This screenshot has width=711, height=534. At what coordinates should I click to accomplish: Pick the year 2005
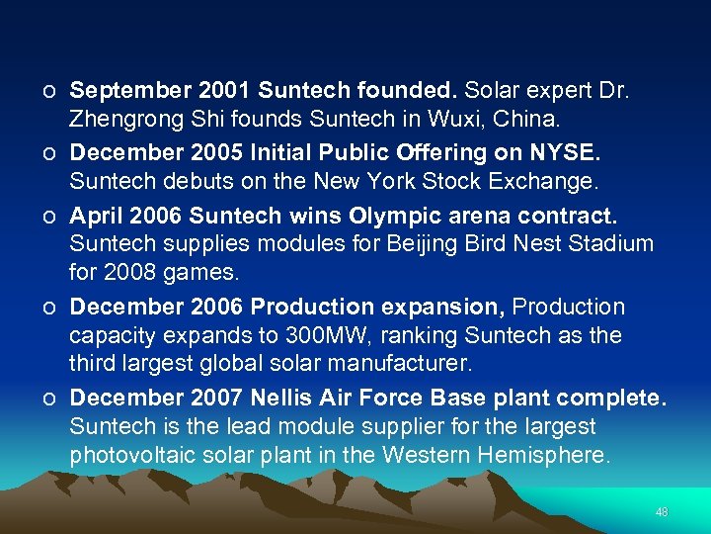click(208, 153)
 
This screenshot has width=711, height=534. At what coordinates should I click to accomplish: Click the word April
click(95, 215)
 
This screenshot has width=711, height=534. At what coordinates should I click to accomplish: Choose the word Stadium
click(609, 244)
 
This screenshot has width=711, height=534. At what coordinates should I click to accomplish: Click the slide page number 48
click(662, 512)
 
